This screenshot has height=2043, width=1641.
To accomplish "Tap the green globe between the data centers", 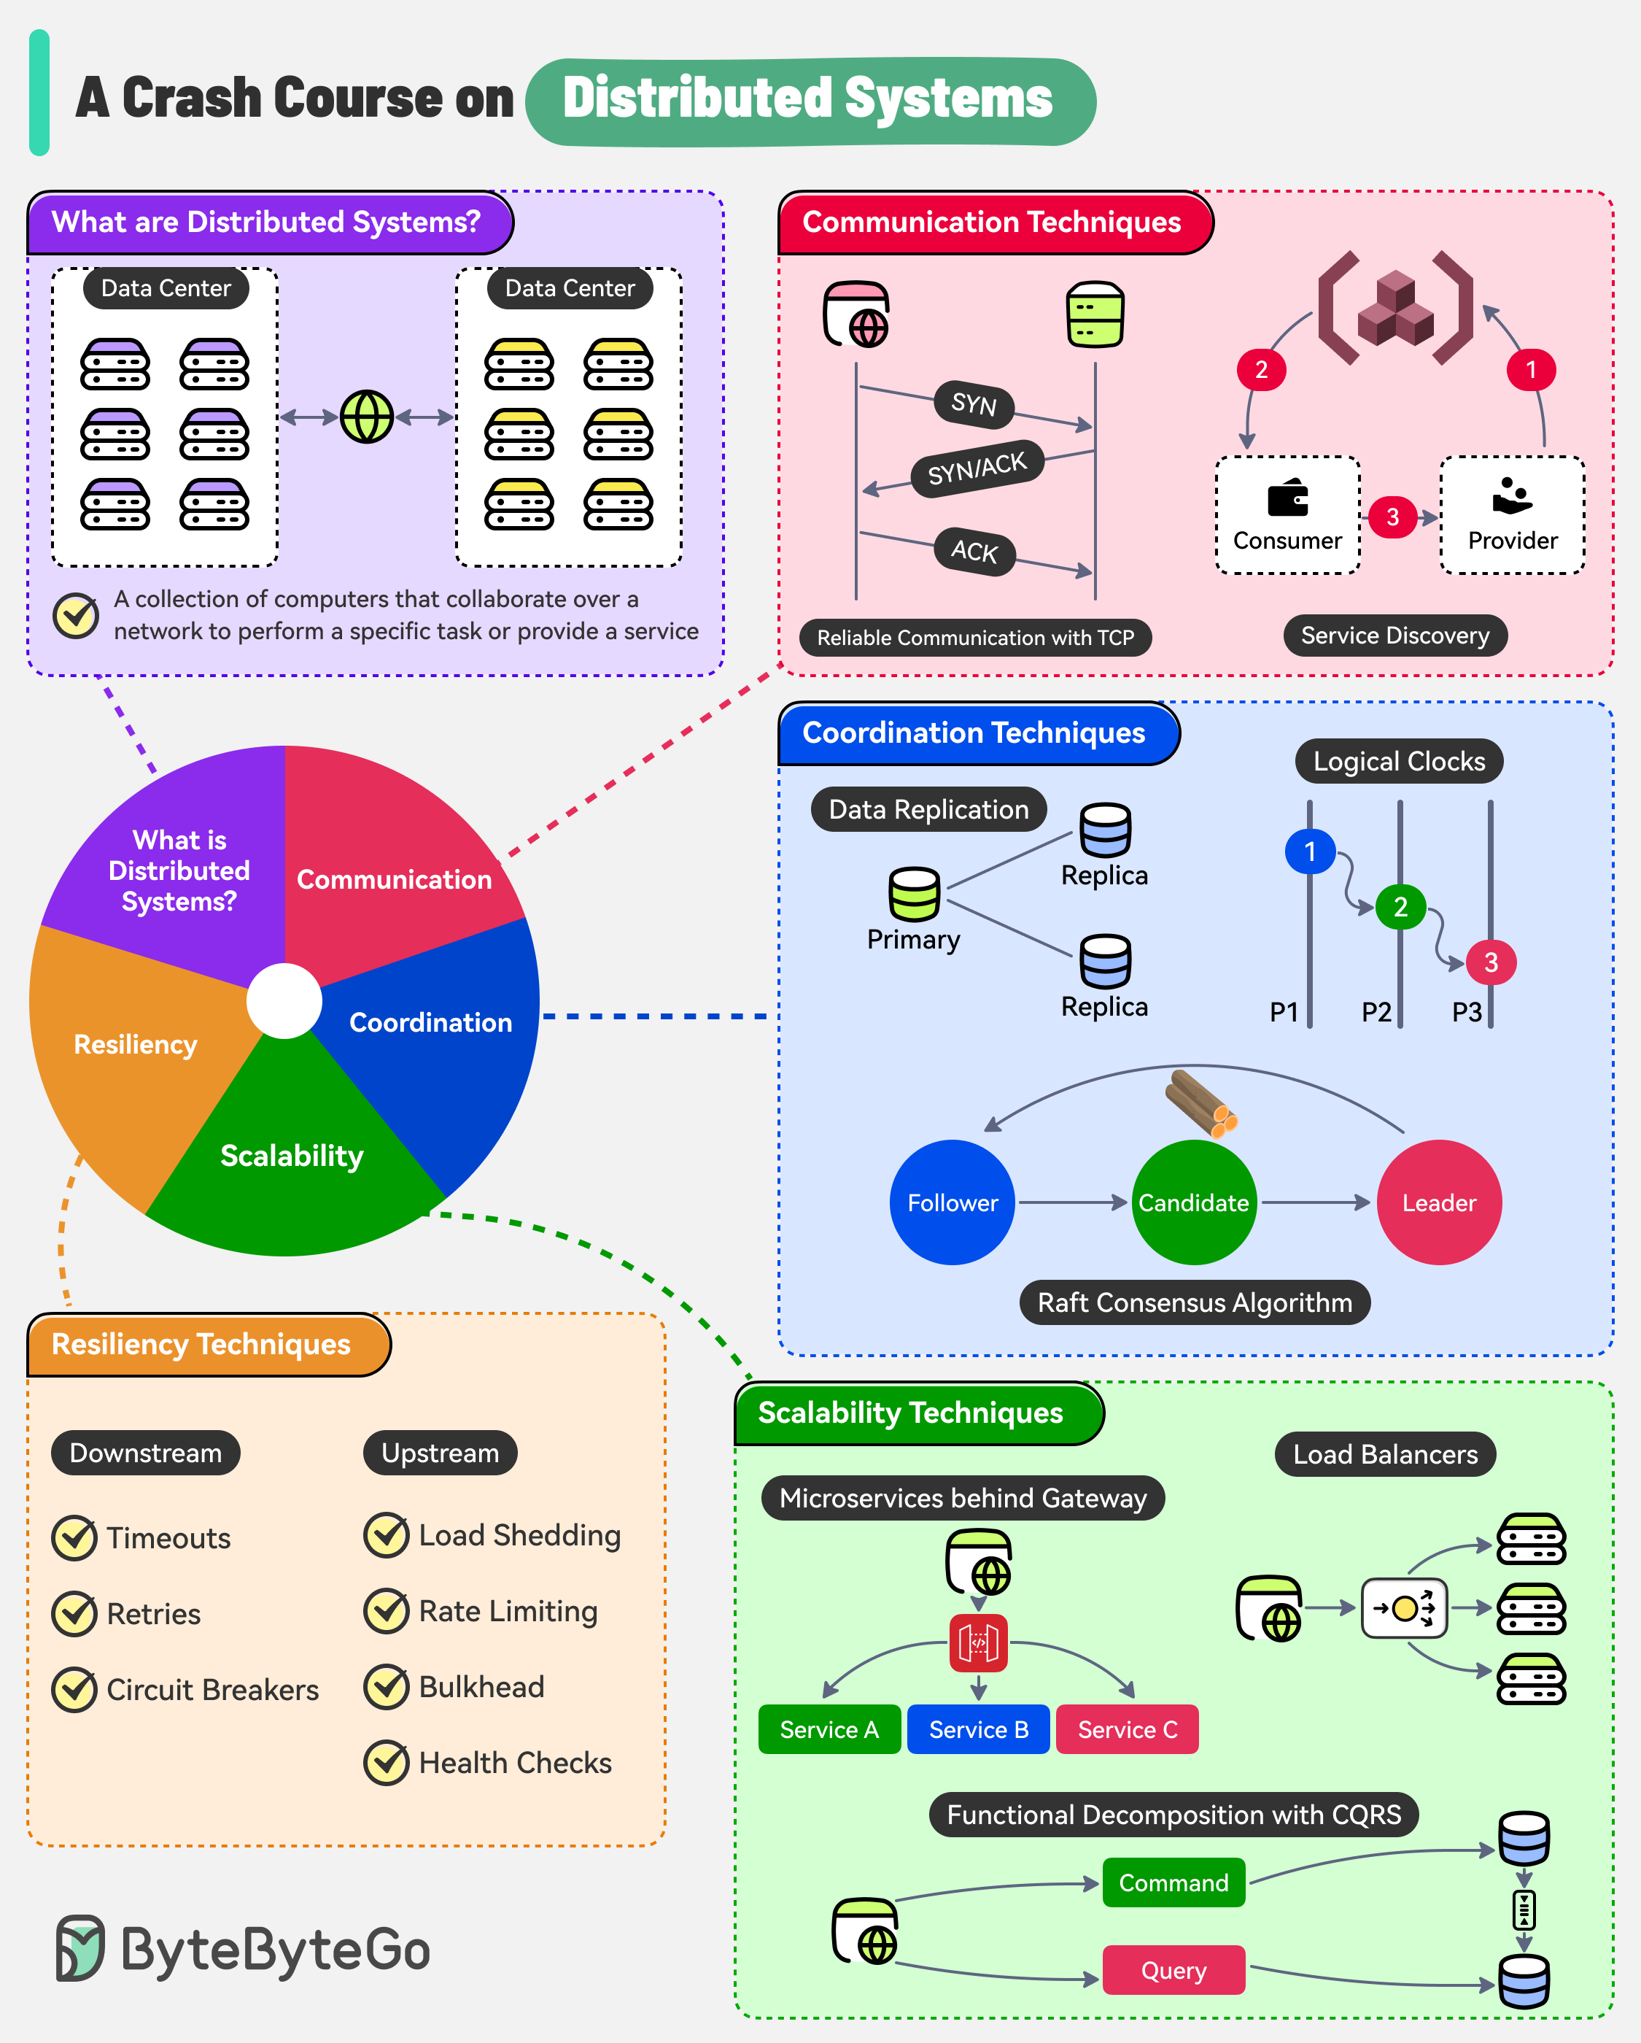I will click(x=367, y=417).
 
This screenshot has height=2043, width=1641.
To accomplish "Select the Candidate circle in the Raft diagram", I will click(x=1194, y=1202).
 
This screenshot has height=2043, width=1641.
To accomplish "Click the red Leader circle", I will click(x=1438, y=1202).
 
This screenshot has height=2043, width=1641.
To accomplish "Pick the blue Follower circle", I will click(x=953, y=1202).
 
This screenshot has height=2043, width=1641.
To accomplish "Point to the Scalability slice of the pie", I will click(x=292, y=1155).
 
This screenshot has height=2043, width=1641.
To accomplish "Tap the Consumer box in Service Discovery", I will click(x=1287, y=515).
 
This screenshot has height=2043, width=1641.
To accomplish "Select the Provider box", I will click(x=1512, y=515).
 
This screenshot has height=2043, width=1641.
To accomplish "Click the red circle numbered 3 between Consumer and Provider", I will click(x=1392, y=517).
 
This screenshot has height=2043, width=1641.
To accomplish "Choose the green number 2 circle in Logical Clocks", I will click(x=1400, y=907).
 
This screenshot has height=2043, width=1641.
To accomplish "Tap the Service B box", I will click(x=978, y=1729).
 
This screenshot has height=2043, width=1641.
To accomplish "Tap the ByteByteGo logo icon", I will click(x=79, y=1948).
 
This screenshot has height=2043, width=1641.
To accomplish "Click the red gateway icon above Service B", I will click(x=978, y=1643).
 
